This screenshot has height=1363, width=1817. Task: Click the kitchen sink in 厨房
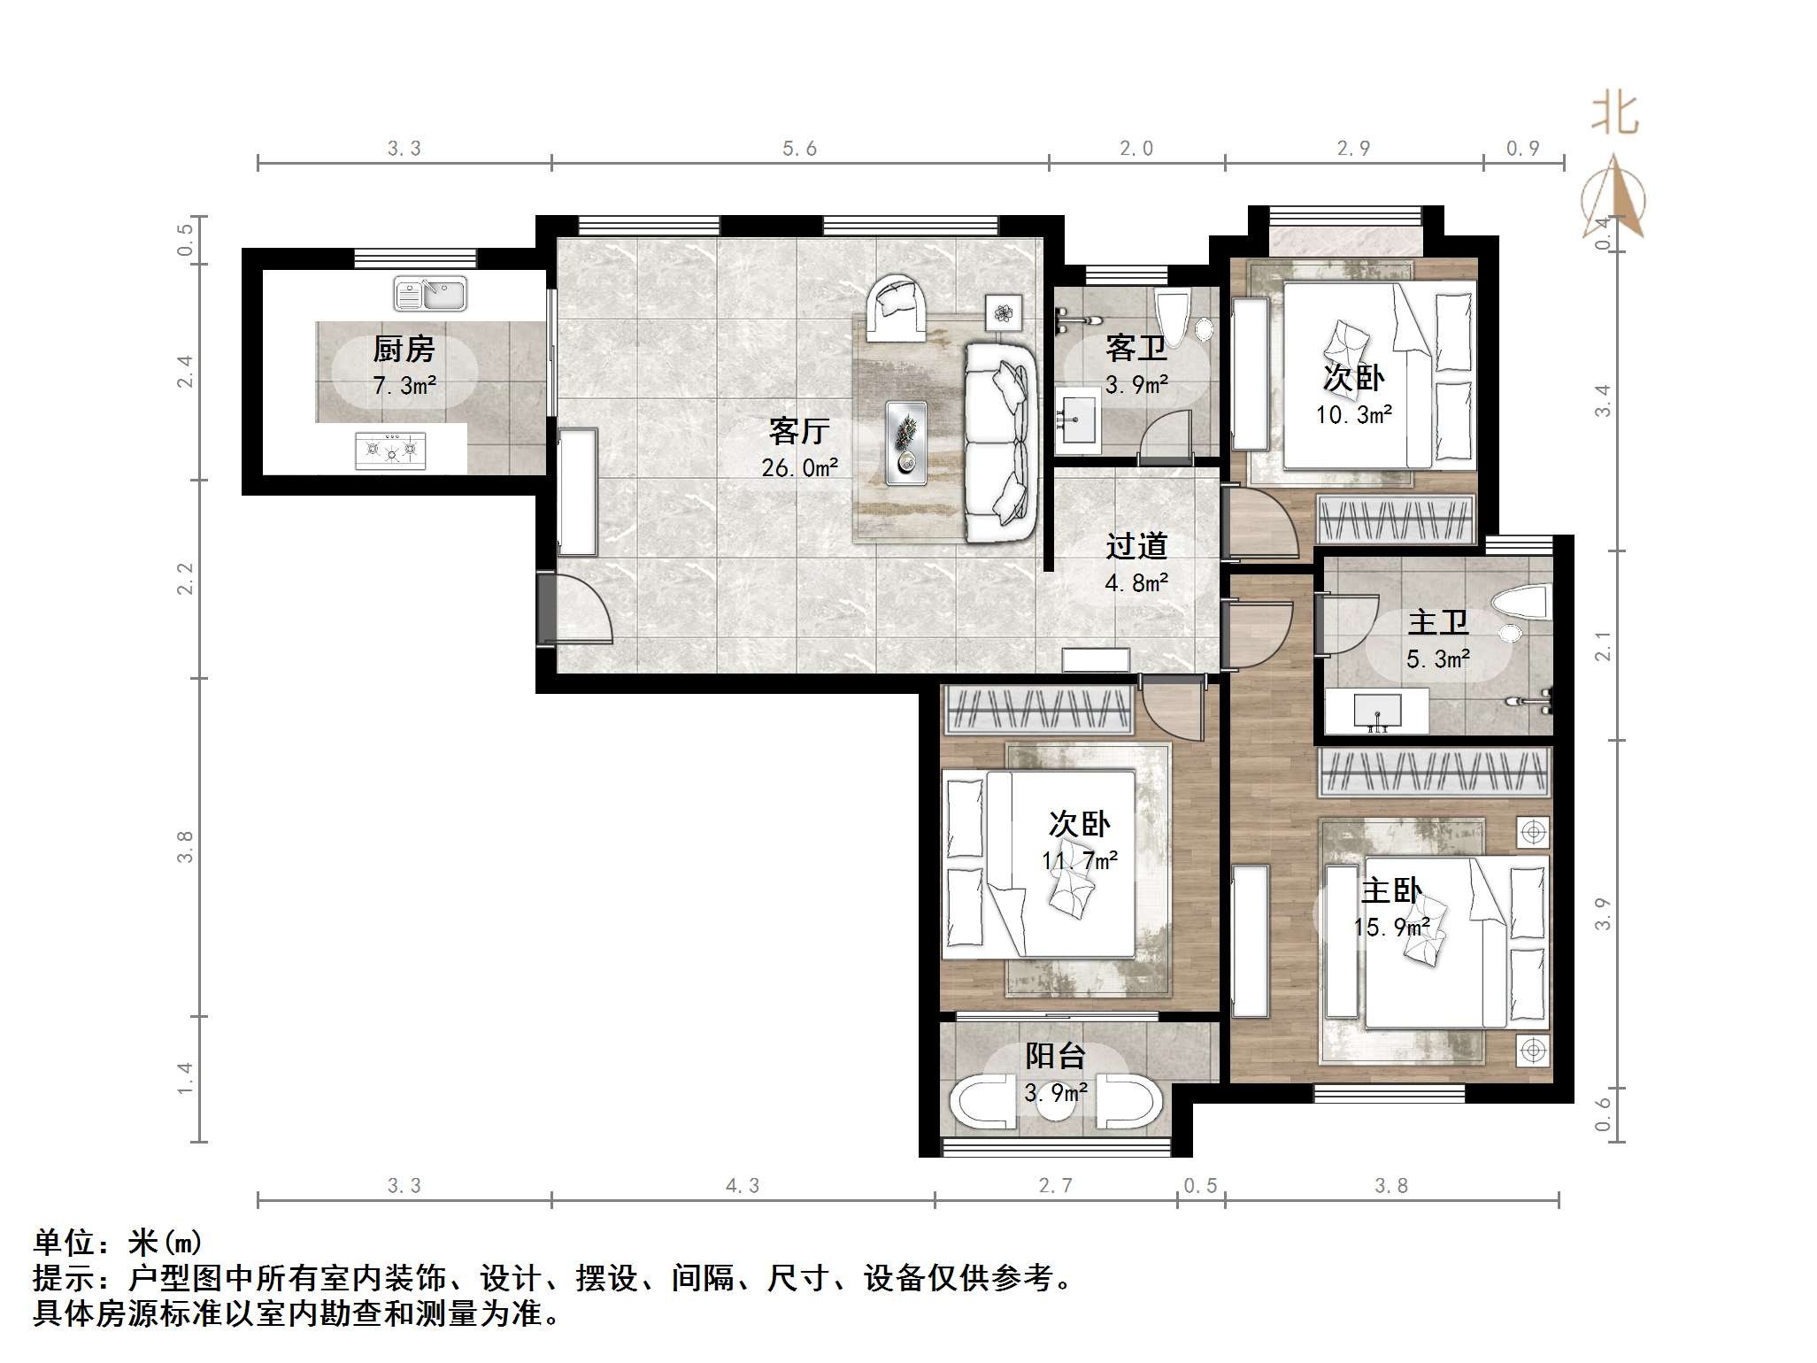(x=429, y=294)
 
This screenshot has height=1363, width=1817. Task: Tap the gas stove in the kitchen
(x=390, y=450)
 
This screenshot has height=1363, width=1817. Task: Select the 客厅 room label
(x=798, y=431)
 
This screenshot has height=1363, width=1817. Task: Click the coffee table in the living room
(x=906, y=443)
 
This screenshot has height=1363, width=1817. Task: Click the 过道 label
(x=1136, y=546)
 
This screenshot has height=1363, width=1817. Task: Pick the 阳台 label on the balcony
(x=1055, y=1055)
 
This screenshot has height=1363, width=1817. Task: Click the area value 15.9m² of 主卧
(x=1391, y=927)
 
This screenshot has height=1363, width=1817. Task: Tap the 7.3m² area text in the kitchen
(x=404, y=386)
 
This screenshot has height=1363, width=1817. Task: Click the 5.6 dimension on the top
(x=799, y=149)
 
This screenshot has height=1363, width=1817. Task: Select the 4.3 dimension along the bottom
(x=743, y=1186)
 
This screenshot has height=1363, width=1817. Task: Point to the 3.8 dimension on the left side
(x=185, y=847)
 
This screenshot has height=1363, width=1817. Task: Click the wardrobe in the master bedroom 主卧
(x=1434, y=771)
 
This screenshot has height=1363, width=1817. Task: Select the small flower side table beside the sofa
(x=1004, y=312)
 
